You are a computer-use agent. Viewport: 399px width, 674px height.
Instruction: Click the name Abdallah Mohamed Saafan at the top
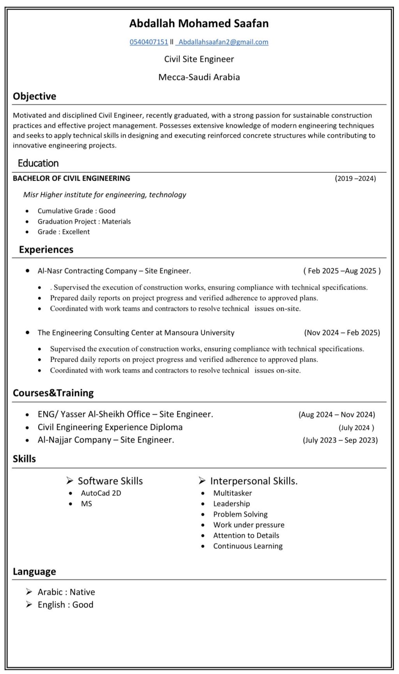click(x=199, y=23)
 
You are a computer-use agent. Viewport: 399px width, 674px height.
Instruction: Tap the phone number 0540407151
click(x=148, y=42)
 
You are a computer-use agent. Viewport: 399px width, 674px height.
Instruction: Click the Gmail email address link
click(x=223, y=42)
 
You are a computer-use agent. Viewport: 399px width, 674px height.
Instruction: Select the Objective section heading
click(x=34, y=96)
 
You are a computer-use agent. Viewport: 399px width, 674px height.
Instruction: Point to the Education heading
click(x=38, y=163)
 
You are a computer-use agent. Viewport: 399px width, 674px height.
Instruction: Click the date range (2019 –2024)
click(x=355, y=179)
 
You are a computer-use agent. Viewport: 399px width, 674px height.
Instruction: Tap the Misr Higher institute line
click(x=104, y=195)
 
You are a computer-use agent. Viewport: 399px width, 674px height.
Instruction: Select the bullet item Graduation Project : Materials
click(x=84, y=222)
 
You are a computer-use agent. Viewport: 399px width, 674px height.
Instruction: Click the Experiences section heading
click(x=46, y=250)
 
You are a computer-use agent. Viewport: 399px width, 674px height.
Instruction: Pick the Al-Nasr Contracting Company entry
click(x=114, y=271)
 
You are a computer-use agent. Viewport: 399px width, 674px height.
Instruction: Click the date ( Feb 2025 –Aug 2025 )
click(x=342, y=271)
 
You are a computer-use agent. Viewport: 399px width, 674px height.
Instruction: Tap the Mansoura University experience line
click(x=136, y=333)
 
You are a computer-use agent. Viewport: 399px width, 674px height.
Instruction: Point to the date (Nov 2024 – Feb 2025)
click(x=342, y=333)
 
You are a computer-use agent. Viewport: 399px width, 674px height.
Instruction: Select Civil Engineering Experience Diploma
click(x=110, y=427)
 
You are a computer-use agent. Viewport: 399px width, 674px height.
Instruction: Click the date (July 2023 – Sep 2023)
click(x=340, y=440)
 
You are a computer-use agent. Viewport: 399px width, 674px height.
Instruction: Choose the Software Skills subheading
click(x=110, y=481)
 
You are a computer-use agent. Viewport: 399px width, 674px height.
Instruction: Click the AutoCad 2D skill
click(x=101, y=493)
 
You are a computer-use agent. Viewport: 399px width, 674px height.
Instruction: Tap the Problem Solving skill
click(x=240, y=514)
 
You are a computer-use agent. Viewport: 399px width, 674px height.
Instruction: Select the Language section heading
click(x=34, y=571)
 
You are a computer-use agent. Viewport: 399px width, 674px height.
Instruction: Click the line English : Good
click(x=65, y=605)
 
